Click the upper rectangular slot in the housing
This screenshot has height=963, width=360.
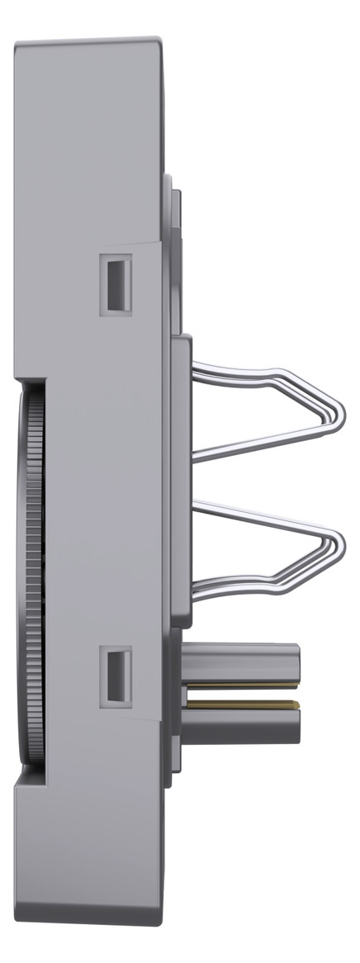click(x=116, y=284)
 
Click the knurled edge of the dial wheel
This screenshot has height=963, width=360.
click(x=32, y=578)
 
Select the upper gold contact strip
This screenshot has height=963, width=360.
click(x=239, y=685)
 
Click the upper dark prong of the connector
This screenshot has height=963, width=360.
click(x=244, y=661)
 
